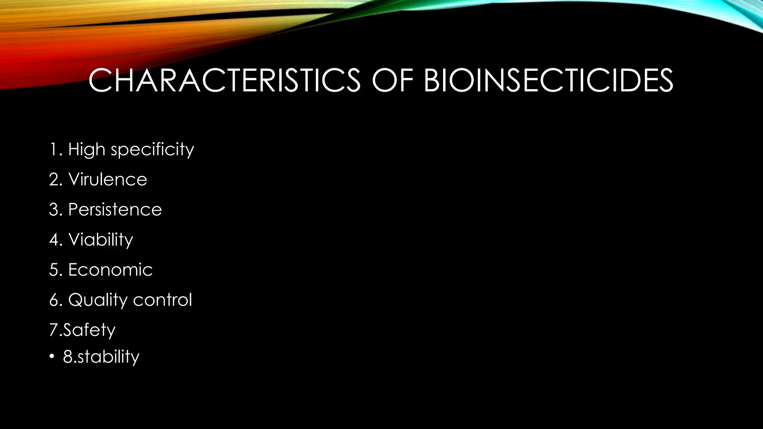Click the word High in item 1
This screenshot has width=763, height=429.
click(86, 150)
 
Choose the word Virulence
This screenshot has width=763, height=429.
click(108, 179)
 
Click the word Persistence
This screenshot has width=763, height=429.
click(115, 210)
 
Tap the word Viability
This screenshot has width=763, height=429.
click(101, 240)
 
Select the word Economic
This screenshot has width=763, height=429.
click(111, 270)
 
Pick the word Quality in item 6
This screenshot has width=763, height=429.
click(98, 300)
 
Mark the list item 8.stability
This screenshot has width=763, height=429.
click(101, 357)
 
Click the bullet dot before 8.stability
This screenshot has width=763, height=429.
click(52, 357)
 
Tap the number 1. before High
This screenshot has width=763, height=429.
click(56, 150)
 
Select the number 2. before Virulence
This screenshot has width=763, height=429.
click(56, 180)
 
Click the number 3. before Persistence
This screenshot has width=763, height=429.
click(56, 210)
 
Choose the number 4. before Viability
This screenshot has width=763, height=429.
click(56, 240)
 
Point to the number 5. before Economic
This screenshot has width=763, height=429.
click(56, 270)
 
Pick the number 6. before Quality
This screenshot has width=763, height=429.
click(56, 300)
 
